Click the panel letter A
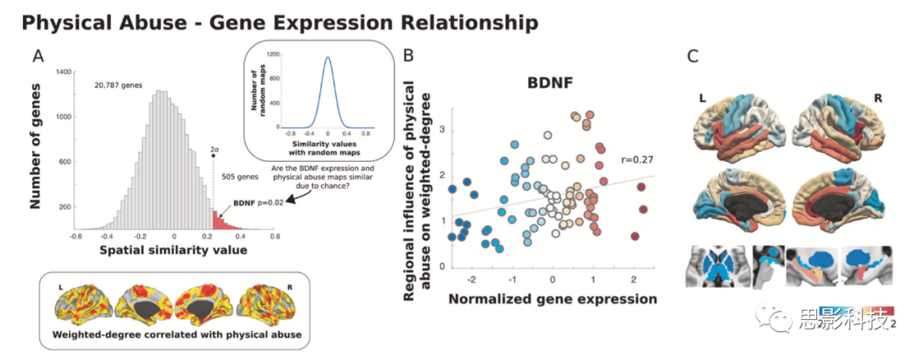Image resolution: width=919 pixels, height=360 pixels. coord(39,56)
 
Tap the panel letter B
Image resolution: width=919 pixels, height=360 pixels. coord(409,56)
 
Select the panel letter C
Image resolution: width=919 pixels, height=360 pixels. coord(693,56)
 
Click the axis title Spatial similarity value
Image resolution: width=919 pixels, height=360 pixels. coord(174,250)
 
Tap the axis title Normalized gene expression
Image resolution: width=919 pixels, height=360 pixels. coord(551,299)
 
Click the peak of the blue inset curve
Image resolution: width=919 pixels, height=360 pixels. coord(328,58)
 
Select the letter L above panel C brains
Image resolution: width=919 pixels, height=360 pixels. coord(702,99)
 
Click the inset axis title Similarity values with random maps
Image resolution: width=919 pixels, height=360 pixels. coord(328,146)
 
